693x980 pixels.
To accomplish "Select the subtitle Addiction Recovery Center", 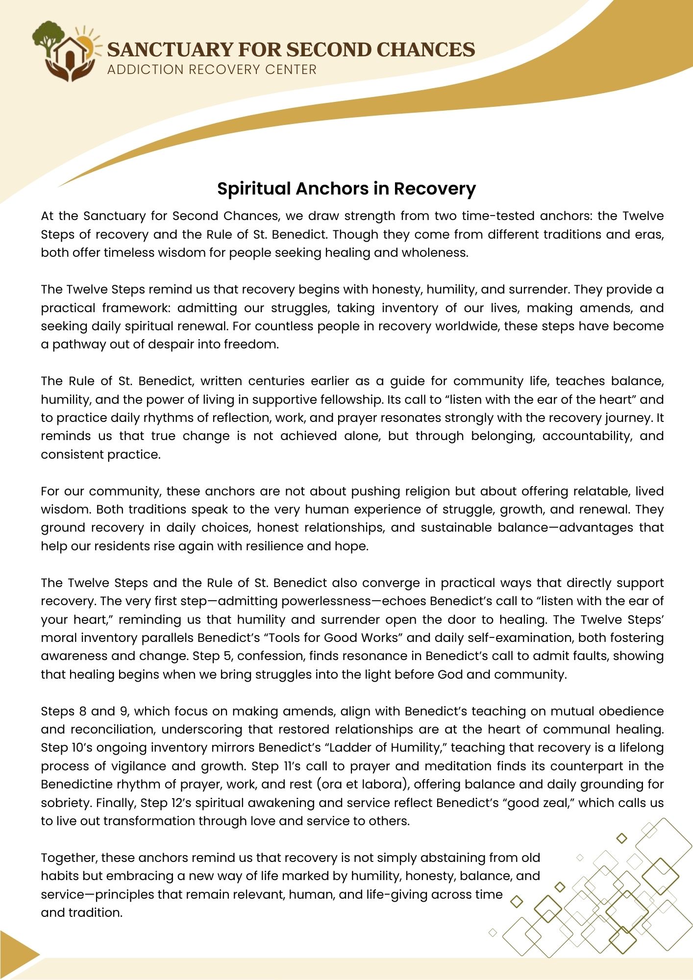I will pos(212,70).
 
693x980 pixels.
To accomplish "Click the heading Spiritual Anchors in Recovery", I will pos(346,189).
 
